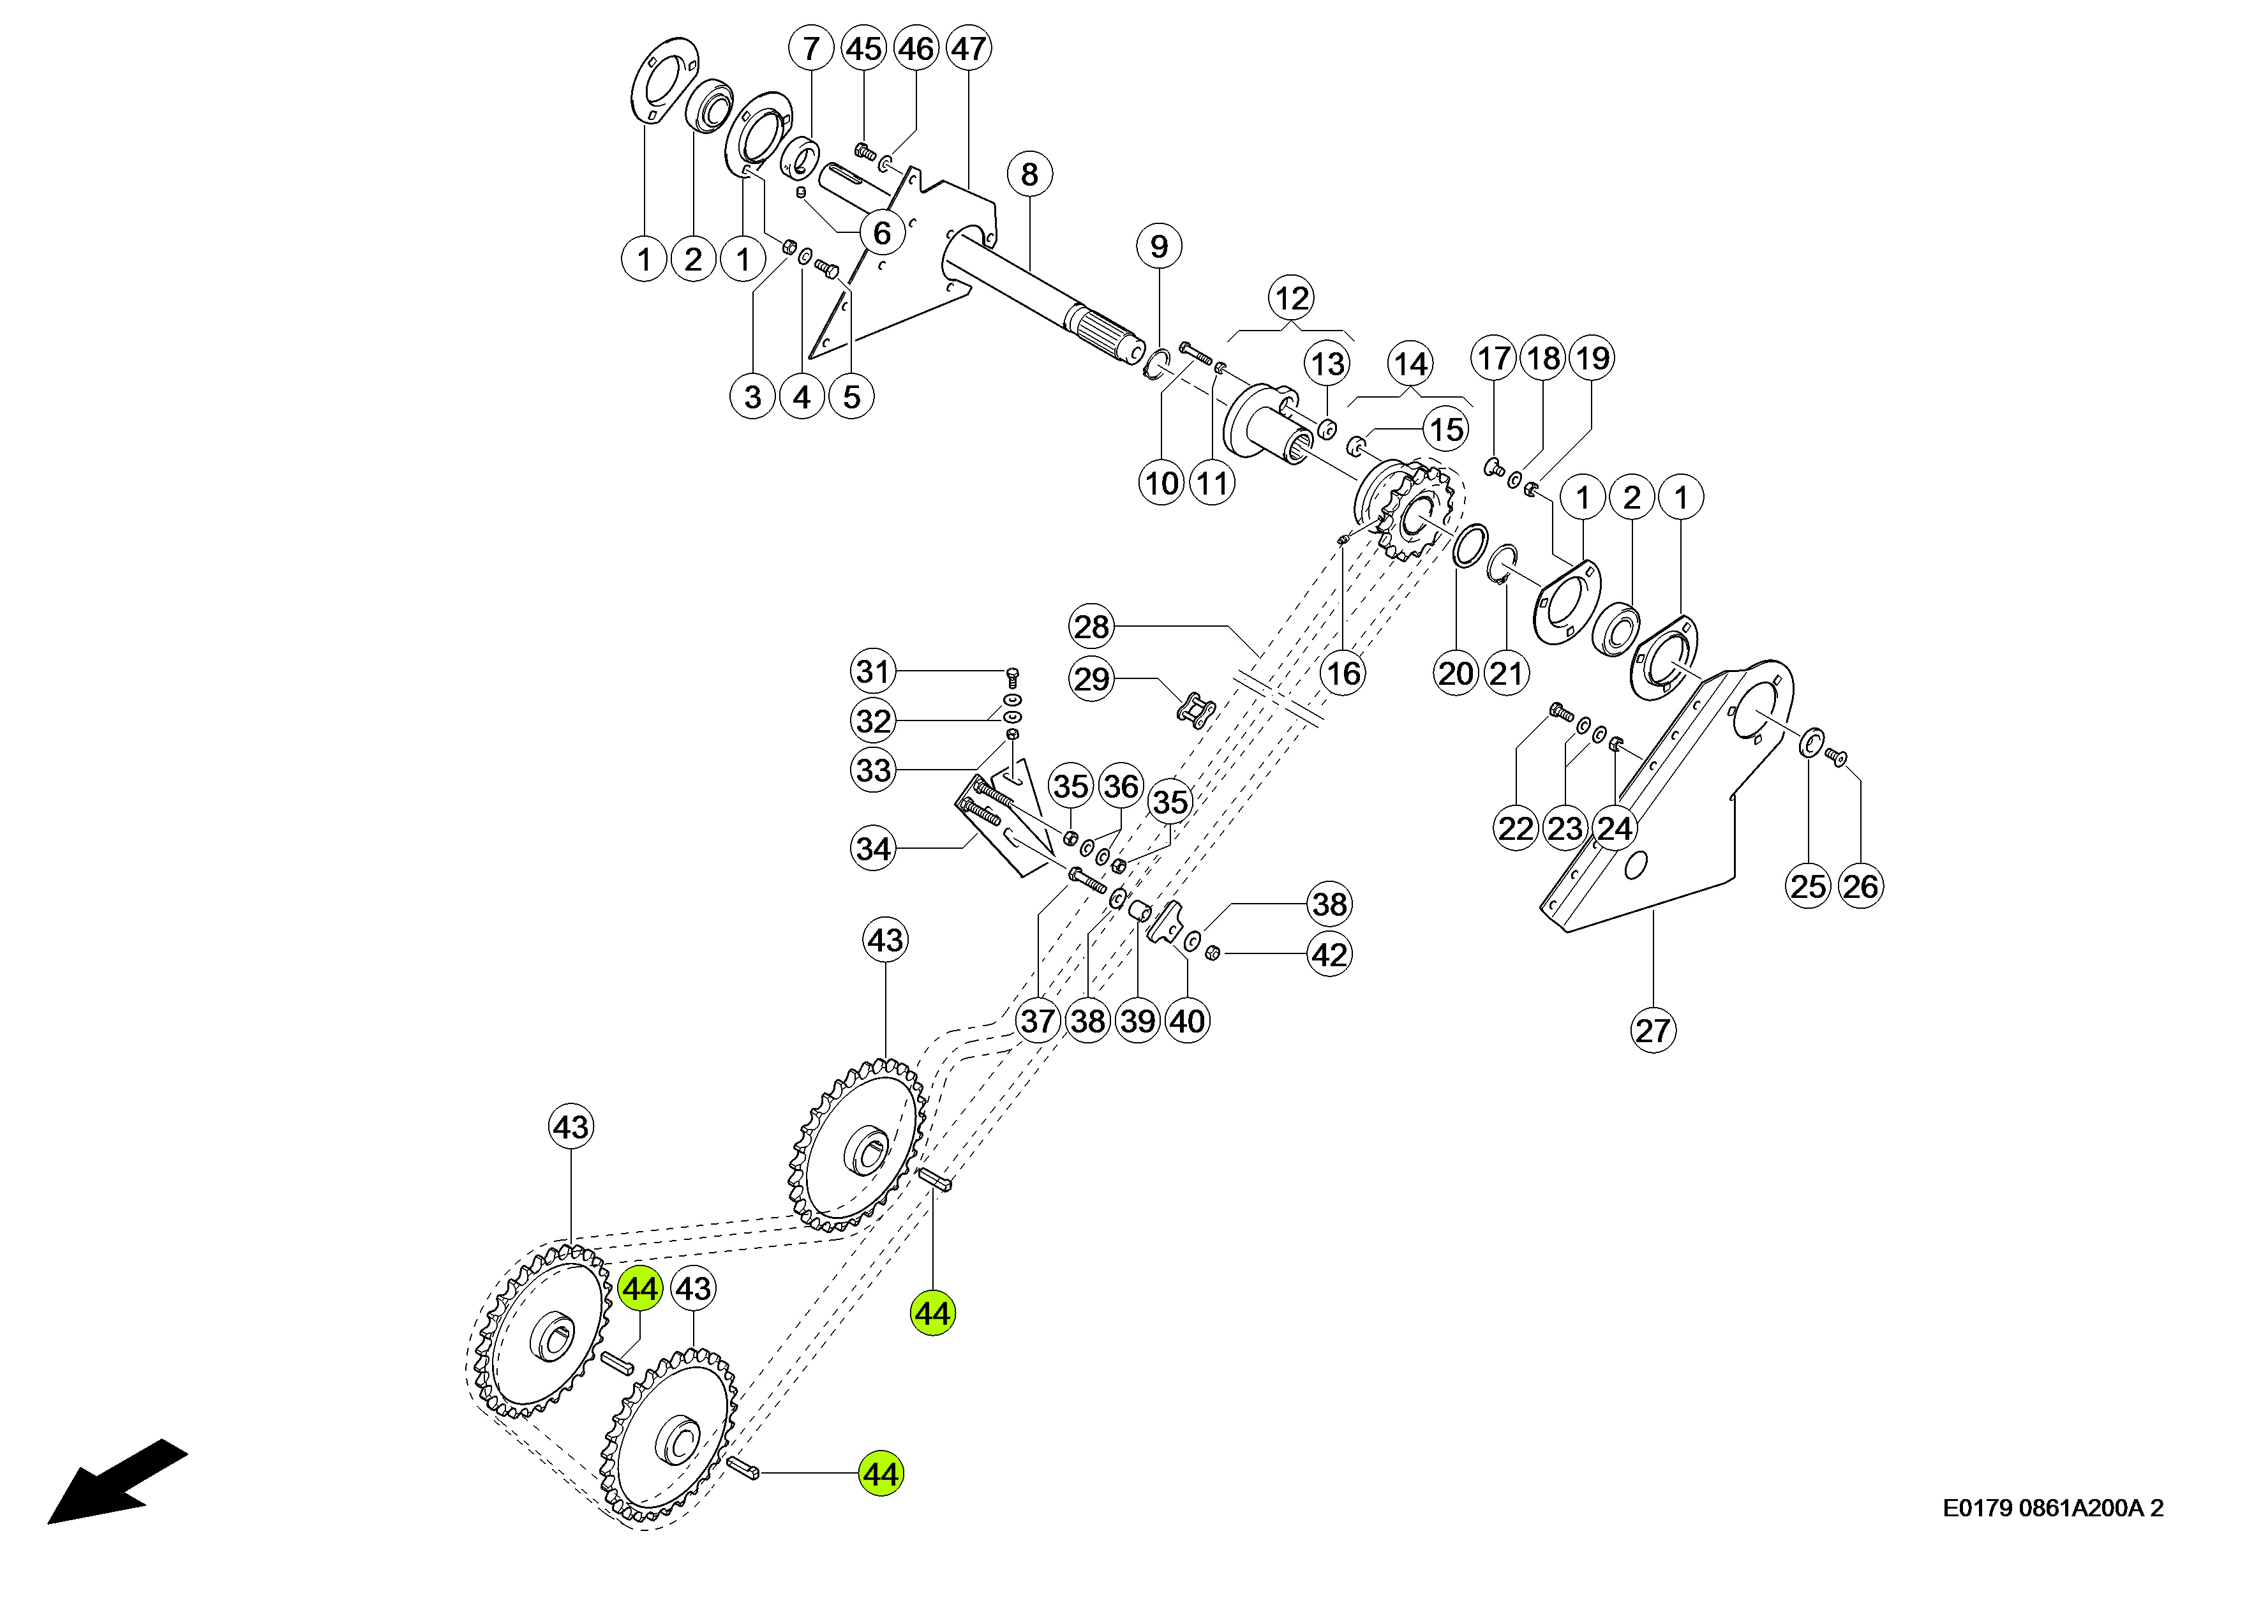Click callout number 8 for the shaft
pyautogui.click(x=1029, y=174)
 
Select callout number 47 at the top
pyautogui.click(x=968, y=49)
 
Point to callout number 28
pyautogui.click(x=1091, y=626)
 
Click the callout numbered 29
pyautogui.click(x=1091, y=679)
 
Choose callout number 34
pyautogui.click(x=872, y=848)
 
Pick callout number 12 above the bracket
pyautogui.click(x=1291, y=297)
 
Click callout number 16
pyautogui.click(x=1343, y=674)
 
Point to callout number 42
pyautogui.click(x=1329, y=955)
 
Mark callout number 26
pyautogui.click(x=1860, y=886)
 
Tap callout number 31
pyautogui.click(x=872, y=671)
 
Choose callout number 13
pyautogui.click(x=1327, y=364)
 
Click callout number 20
pyautogui.click(x=1456, y=674)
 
